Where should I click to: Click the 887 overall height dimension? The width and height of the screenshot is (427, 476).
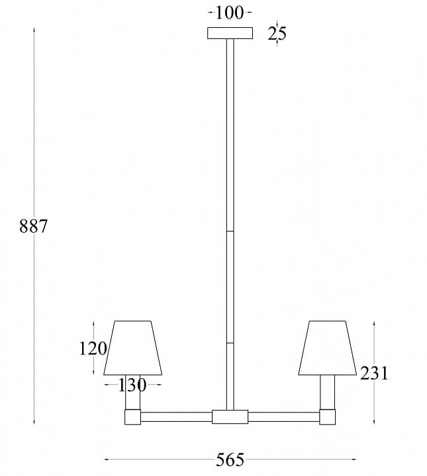(33, 227)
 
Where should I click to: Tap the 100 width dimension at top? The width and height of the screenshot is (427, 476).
(230, 13)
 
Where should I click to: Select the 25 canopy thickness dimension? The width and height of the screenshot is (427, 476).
(277, 34)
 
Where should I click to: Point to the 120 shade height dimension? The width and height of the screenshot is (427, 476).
(93, 348)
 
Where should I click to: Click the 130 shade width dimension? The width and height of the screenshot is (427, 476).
(132, 385)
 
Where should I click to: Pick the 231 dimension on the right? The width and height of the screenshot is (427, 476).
(374, 373)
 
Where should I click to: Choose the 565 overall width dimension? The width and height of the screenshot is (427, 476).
(230, 459)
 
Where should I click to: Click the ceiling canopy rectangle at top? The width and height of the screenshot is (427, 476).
(230, 33)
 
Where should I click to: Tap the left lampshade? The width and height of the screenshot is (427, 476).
(133, 348)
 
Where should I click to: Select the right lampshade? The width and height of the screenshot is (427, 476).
(327, 348)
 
